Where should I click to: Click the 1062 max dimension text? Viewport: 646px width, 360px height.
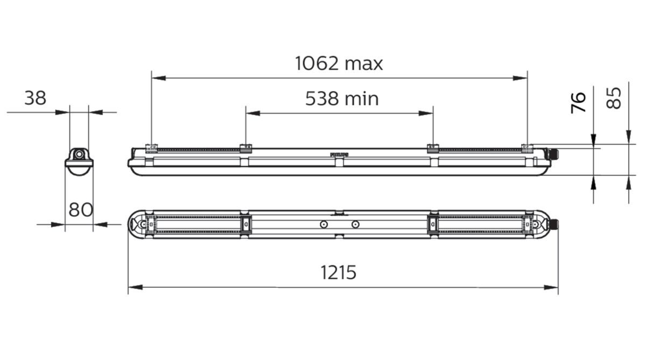click(x=339, y=63)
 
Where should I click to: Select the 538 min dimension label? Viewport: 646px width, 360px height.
click(x=342, y=98)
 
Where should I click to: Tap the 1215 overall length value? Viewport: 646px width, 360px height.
click(x=339, y=272)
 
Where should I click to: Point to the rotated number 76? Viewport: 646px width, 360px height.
click(x=578, y=102)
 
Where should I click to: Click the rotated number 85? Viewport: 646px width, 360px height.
click(x=614, y=98)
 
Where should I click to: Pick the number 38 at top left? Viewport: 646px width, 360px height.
click(x=36, y=98)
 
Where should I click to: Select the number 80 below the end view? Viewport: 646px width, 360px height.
click(x=81, y=209)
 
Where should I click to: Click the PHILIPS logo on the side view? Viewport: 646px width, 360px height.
click(x=339, y=154)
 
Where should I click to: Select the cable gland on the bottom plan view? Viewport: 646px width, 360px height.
click(x=553, y=224)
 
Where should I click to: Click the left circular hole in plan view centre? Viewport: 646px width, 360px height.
click(x=323, y=224)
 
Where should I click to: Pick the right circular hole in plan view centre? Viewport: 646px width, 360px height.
click(x=354, y=224)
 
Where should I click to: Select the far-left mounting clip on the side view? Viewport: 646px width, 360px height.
click(x=151, y=147)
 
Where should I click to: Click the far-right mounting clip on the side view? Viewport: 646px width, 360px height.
click(x=526, y=147)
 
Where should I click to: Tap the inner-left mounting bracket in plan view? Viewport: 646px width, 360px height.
click(x=245, y=224)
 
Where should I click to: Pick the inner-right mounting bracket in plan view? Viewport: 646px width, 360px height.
click(x=432, y=224)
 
